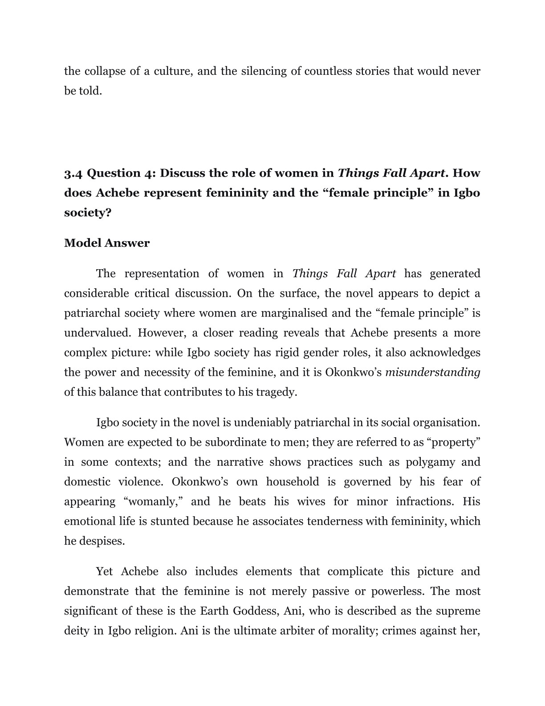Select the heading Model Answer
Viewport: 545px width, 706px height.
(x=107, y=243)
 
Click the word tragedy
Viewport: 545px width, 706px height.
(x=279, y=392)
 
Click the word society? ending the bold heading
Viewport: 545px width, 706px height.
(x=88, y=213)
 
